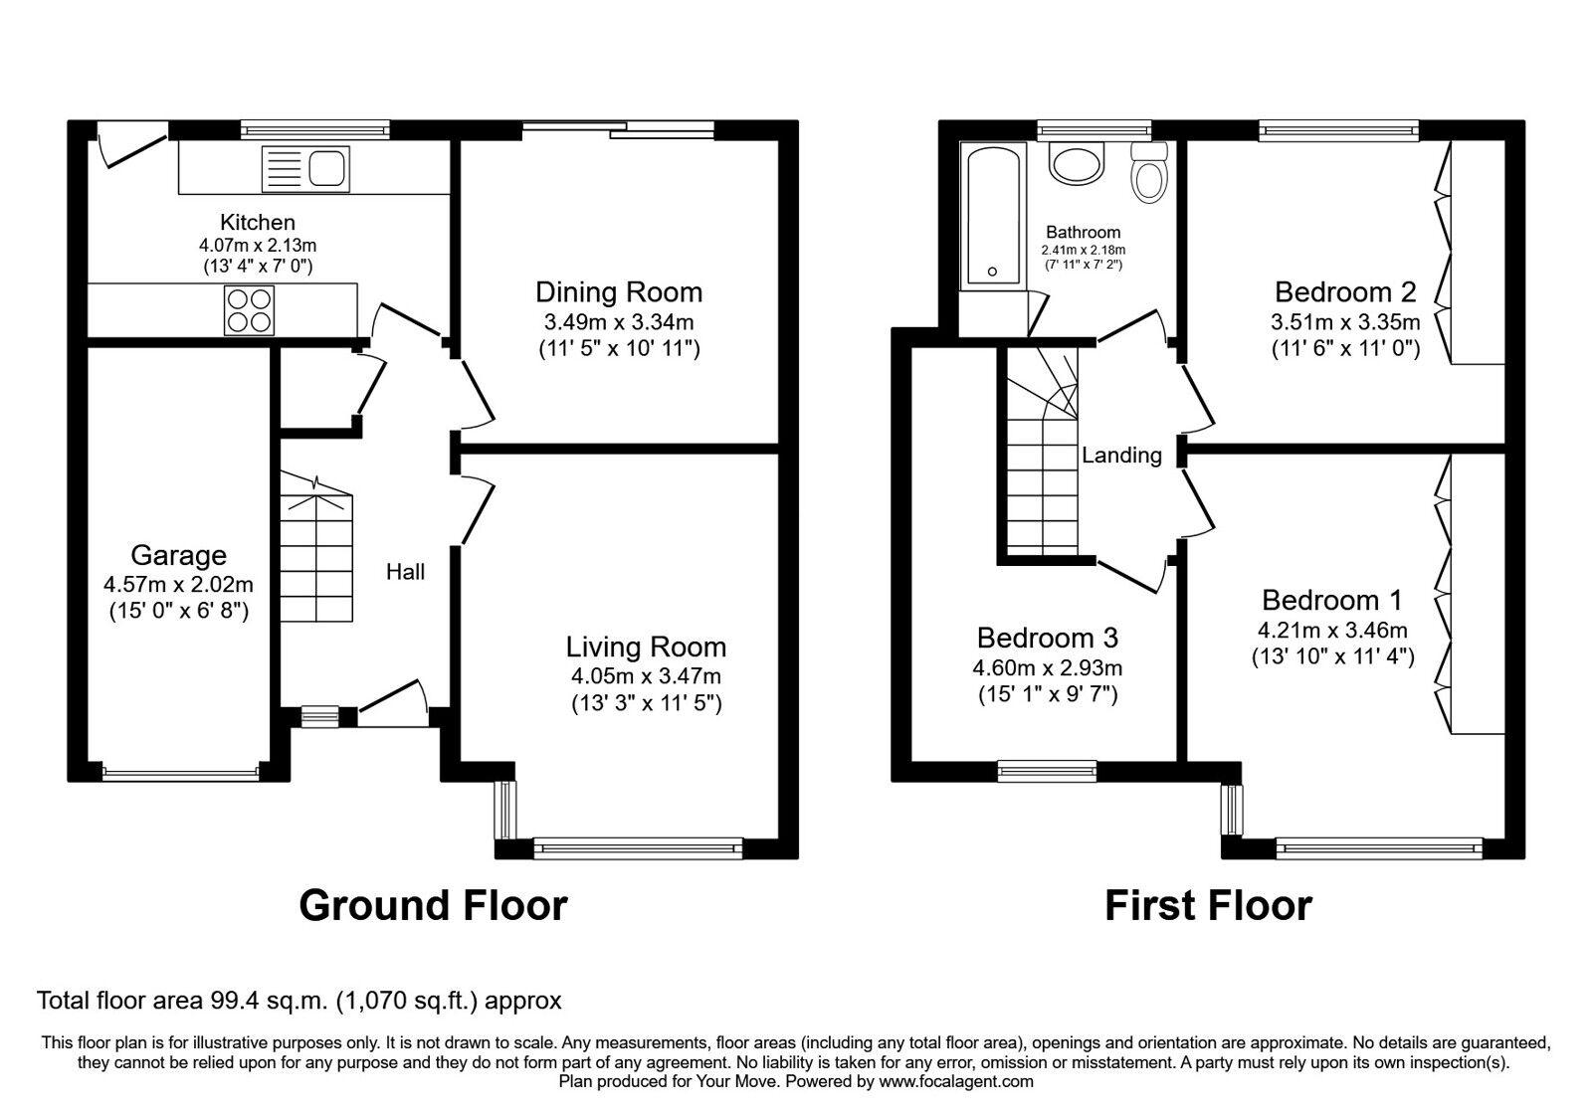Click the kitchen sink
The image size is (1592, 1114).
click(305, 169)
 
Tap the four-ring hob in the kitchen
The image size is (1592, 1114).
click(249, 310)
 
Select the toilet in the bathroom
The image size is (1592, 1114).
click(1148, 173)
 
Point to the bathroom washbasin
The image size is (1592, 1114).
click(1077, 163)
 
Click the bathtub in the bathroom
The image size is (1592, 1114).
click(993, 216)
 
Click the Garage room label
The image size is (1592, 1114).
click(178, 555)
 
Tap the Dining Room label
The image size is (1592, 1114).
click(618, 292)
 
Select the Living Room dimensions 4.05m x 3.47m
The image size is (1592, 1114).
click(646, 675)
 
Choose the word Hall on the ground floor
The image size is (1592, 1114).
click(405, 571)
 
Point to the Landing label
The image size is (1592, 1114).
click(1121, 455)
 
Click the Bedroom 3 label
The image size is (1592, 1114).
click(1048, 638)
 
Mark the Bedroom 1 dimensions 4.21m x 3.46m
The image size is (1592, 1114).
click(1332, 631)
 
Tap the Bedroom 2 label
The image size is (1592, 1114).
click(1345, 292)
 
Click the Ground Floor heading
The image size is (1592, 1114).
click(433, 905)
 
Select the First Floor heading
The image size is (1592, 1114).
click(1208, 906)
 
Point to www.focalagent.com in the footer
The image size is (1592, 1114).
click(956, 1081)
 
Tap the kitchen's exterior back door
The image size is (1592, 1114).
click(132, 145)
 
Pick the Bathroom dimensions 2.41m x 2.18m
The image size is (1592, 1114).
click(1084, 250)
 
